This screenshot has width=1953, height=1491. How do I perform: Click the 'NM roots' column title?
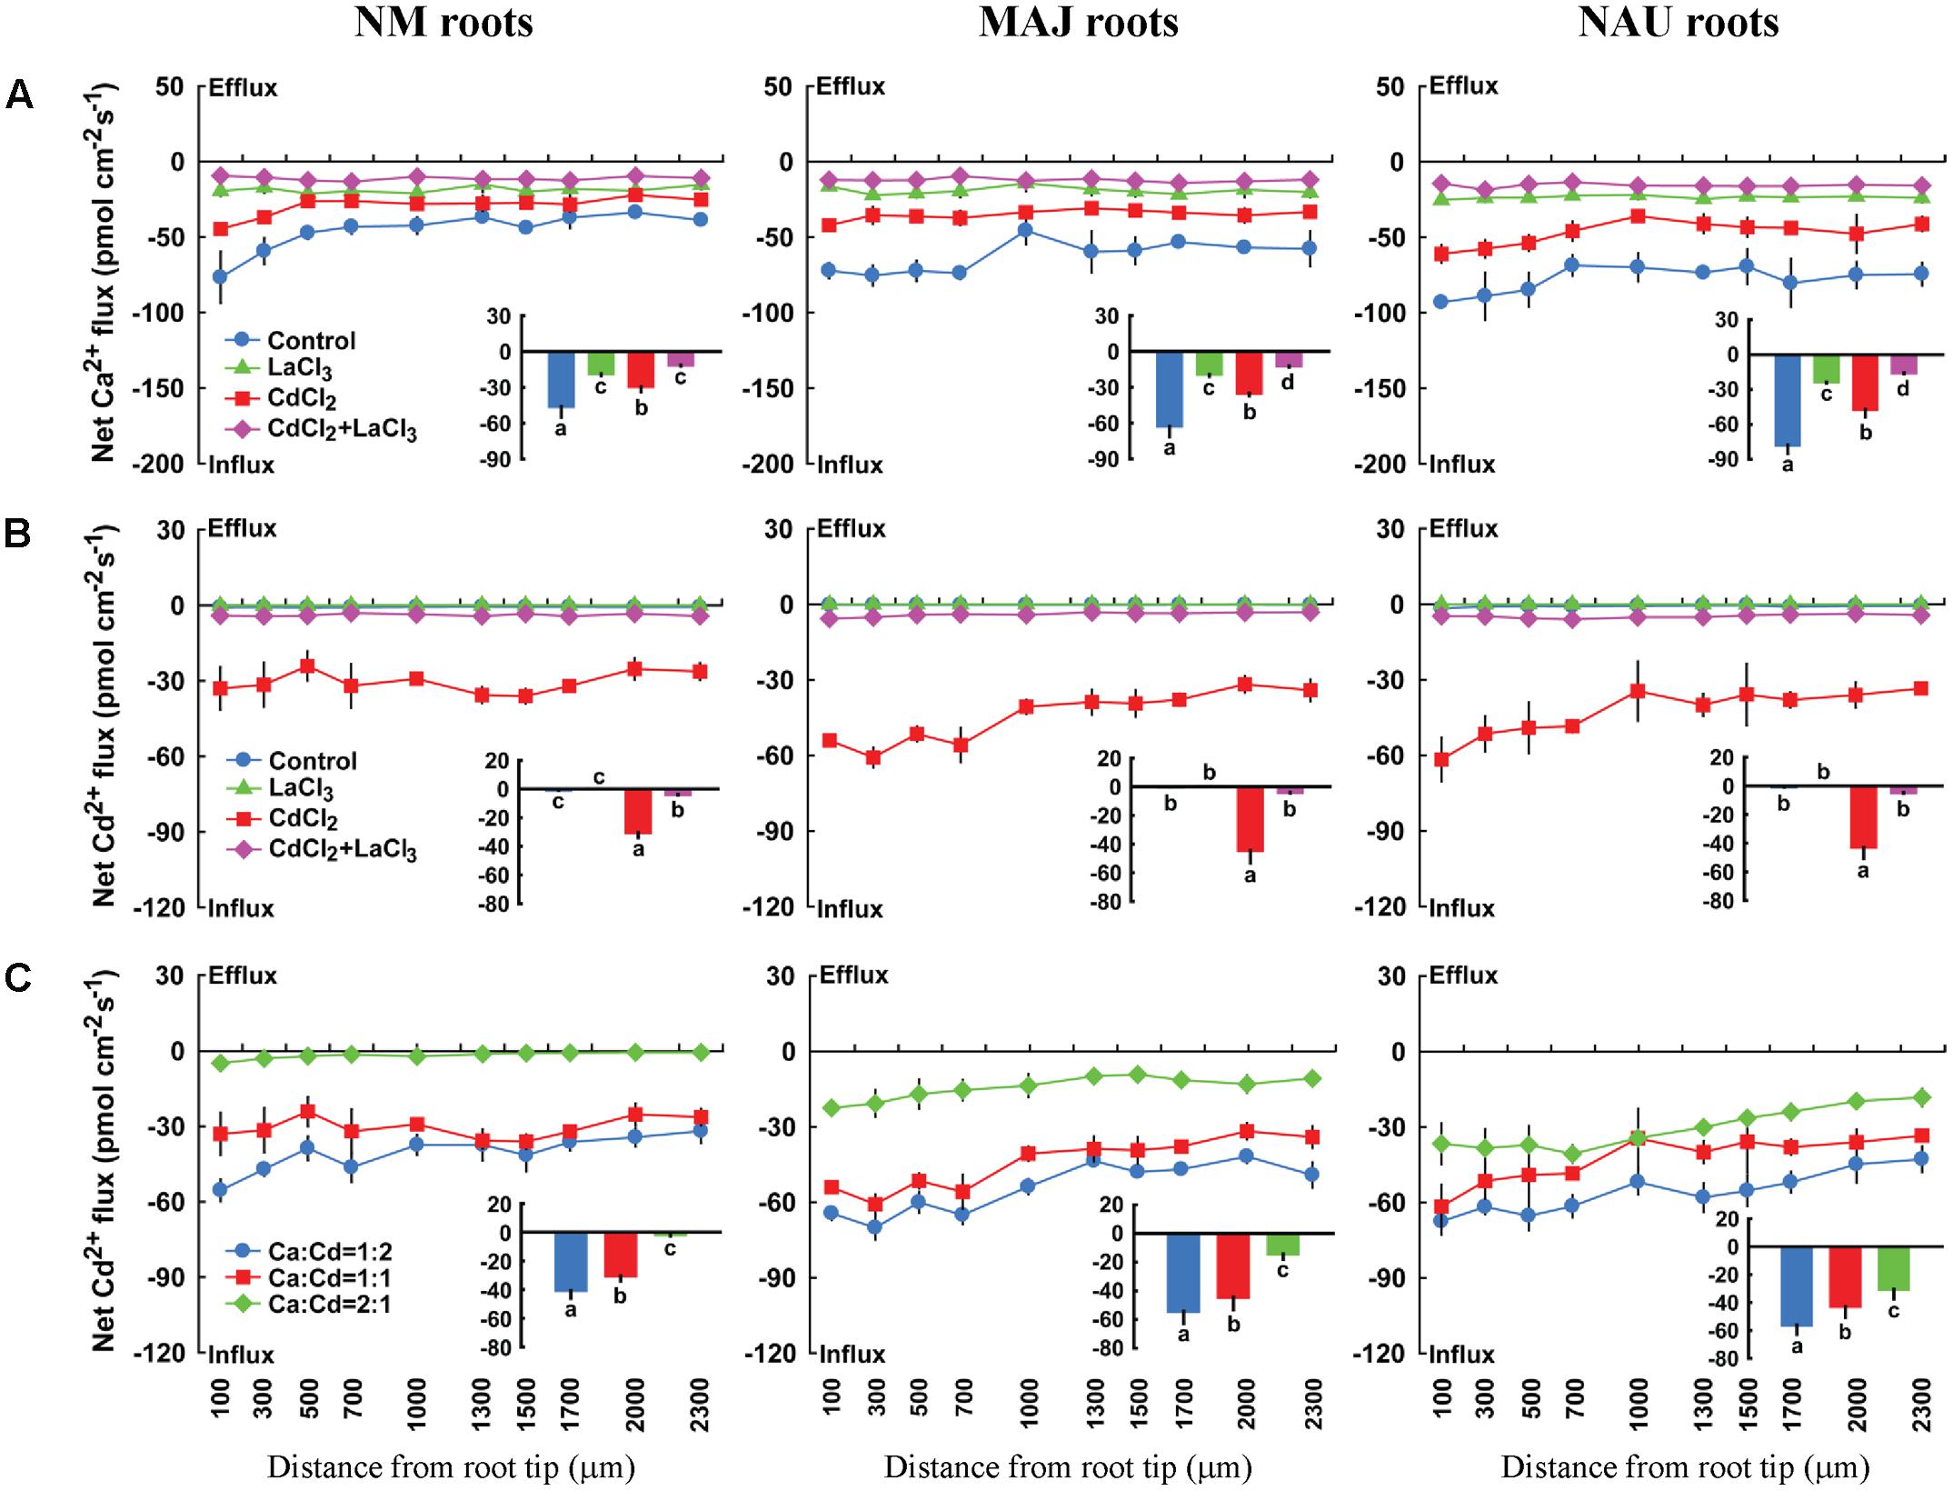[443, 23]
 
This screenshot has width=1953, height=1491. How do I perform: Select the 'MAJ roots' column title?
[1078, 23]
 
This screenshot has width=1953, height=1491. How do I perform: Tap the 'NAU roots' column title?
[1678, 23]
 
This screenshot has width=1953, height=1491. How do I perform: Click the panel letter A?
[19, 95]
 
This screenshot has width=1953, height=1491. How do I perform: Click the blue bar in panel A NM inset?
[561, 379]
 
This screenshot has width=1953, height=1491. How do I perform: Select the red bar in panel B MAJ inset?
[1250, 819]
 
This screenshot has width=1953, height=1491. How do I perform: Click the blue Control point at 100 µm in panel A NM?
[220, 276]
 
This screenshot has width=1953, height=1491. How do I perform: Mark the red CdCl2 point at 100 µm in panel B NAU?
[1440, 760]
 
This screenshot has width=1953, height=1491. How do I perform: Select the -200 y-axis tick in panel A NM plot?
[164, 464]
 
